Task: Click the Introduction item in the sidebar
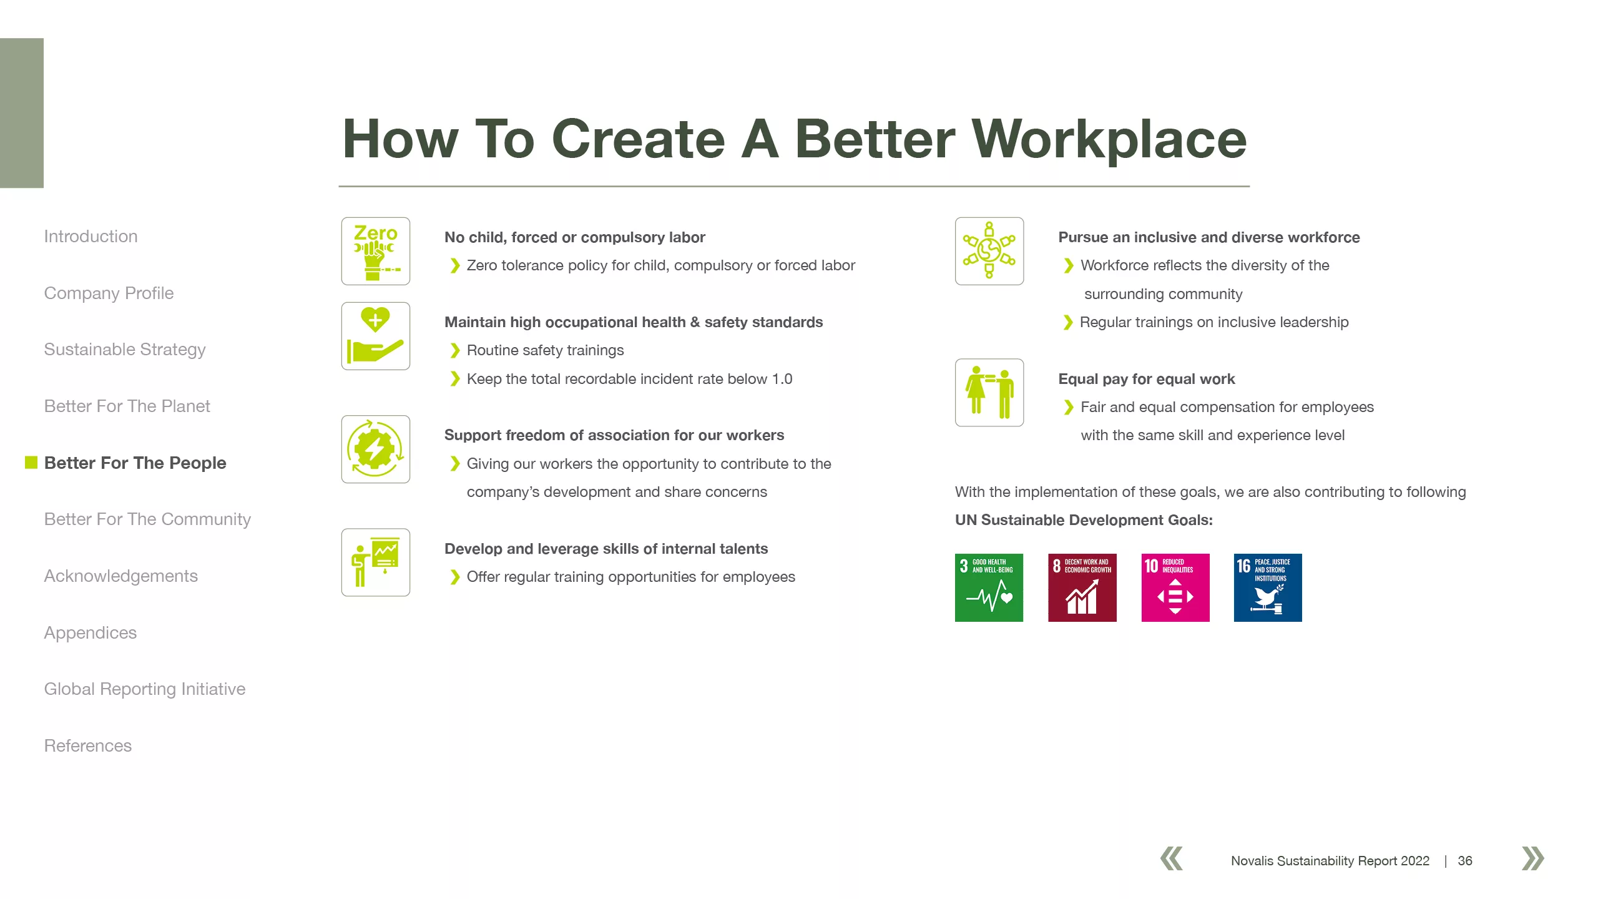[91, 237]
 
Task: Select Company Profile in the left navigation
[109, 293]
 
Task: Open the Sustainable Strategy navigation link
[125, 350]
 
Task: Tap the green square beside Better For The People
[31, 462]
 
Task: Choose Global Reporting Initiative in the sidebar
[145, 689]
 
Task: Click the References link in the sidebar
[88, 745]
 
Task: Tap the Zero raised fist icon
[376, 251]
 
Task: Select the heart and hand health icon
[376, 336]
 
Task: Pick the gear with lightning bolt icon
[376, 449]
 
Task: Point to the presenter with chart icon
[376, 562]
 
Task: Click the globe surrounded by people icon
[989, 251]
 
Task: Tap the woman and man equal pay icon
[989, 392]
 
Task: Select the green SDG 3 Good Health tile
[989, 587]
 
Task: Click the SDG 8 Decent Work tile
[1082, 587]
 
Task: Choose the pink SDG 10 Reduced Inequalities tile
[1175, 587]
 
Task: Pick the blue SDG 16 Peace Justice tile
[1268, 587]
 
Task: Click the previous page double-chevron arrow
[1172, 858]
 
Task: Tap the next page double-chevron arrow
[1533, 858]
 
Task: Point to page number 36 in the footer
[1465, 861]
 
